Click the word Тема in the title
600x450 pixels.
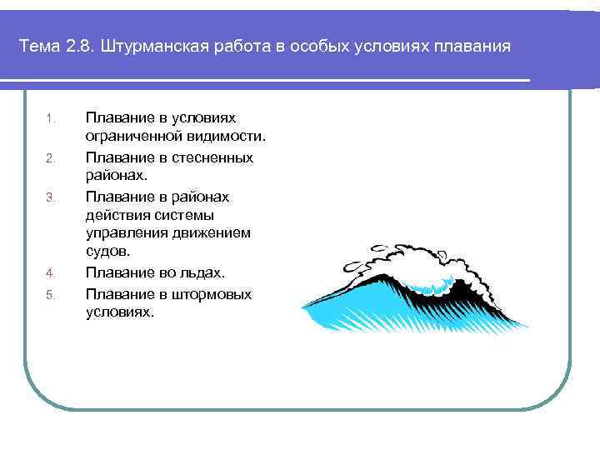38,45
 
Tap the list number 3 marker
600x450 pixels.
50,197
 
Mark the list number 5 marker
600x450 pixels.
50,294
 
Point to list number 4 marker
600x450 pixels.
50,273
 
